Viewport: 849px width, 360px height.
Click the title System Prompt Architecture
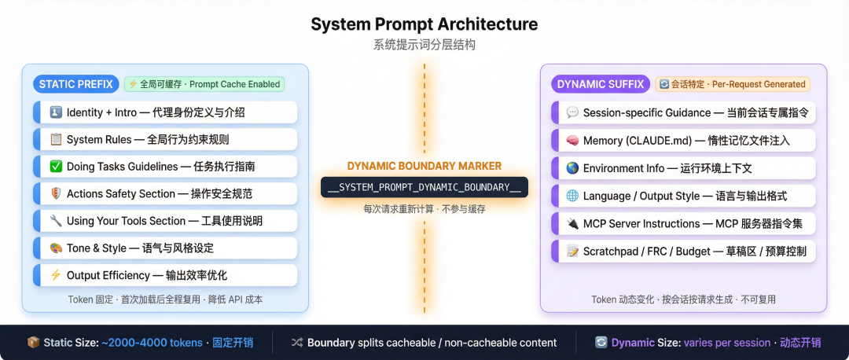pyautogui.click(x=424, y=24)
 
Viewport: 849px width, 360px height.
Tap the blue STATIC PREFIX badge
pyautogui.click(x=75, y=84)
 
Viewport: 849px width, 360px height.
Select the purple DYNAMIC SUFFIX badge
pyautogui.click(x=600, y=84)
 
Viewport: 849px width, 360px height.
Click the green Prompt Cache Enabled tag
pyautogui.click(x=204, y=84)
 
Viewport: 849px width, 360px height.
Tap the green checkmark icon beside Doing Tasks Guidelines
pyautogui.click(x=56, y=167)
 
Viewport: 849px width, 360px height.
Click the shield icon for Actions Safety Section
pyautogui.click(x=56, y=193)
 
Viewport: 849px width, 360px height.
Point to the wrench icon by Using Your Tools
pyautogui.click(x=56, y=221)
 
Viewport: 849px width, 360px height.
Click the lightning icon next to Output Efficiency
pyautogui.click(x=56, y=275)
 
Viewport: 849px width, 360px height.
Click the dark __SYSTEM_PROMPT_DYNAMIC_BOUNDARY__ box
pyautogui.click(x=424, y=187)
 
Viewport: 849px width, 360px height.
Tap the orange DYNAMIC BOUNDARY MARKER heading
pyautogui.click(x=424, y=166)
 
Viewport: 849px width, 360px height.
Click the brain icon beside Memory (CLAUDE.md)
pyautogui.click(x=572, y=141)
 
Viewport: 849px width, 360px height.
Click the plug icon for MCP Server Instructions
pyautogui.click(x=572, y=224)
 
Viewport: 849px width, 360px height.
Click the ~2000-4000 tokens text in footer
pyautogui.click(x=151, y=343)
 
